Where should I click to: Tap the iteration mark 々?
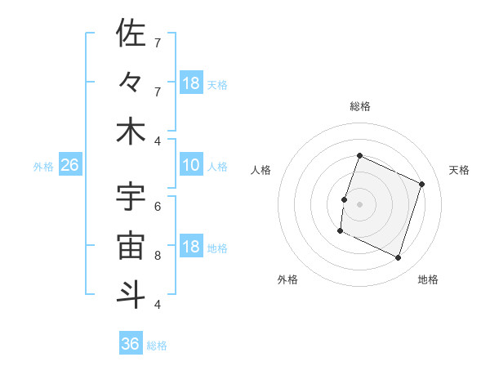(x=131, y=83)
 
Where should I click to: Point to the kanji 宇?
(x=131, y=197)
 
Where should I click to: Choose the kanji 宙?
(x=131, y=246)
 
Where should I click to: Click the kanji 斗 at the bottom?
(x=131, y=294)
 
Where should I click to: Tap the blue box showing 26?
(x=69, y=165)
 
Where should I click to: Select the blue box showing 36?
(x=131, y=344)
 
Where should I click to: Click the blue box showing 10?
(x=191, y=165)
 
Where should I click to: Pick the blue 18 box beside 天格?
(x=191, y=83)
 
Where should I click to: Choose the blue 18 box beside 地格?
(x=191, y=247)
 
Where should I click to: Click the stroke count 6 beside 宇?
(x=158, y=207)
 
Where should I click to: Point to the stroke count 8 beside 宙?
(x=158, y=255)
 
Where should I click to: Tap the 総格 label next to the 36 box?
(x=157, y=346)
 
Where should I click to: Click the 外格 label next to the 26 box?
(x=43, y=167)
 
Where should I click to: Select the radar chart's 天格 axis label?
(x=459, y=170)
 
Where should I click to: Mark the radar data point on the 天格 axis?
(x=422, y=184)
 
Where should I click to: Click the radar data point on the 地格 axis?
(x=399, y=258)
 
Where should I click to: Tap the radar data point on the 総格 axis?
(x=359, y=155)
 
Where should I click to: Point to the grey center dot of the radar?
(x=359, y=204)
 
